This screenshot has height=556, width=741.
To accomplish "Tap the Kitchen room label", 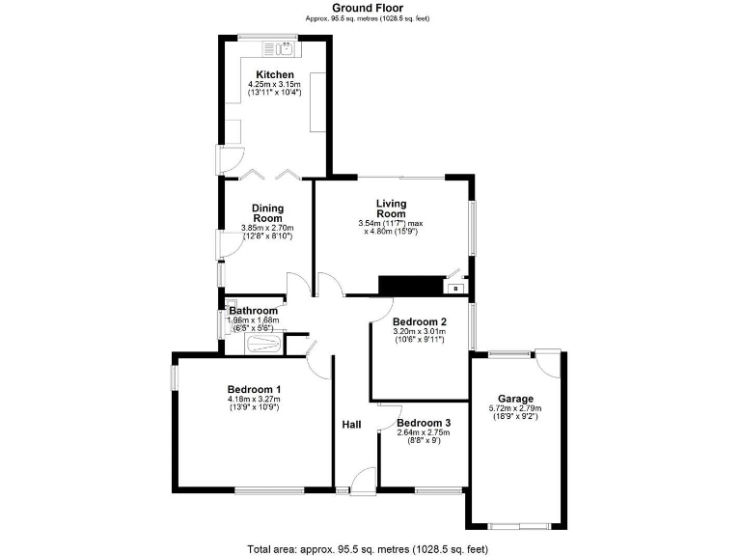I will pyautogui.click(x=275, y=74).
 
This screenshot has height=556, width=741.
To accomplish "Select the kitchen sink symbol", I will pyautogui.click(x=284, y=45).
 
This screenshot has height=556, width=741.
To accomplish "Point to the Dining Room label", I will pyautogui.click(x=267, y=212).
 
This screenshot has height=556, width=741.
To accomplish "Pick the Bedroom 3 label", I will pyautogui.click(x=424, y=424).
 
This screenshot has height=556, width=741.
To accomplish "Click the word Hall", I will pyautogui.click(x=351, y=425).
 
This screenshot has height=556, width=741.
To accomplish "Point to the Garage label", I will pyautogui.click(x=515, y=399).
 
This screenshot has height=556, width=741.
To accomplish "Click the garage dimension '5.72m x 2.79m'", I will pyautogui.click(x=515, y=409).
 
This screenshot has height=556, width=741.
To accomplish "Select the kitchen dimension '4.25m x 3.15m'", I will pyautogui.click(x=275, y=85).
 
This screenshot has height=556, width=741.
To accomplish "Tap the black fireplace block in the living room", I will pyautogui.click(x=409, y=285).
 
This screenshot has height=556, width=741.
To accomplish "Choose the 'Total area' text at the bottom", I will pyautogui.click(x=370, y=547).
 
